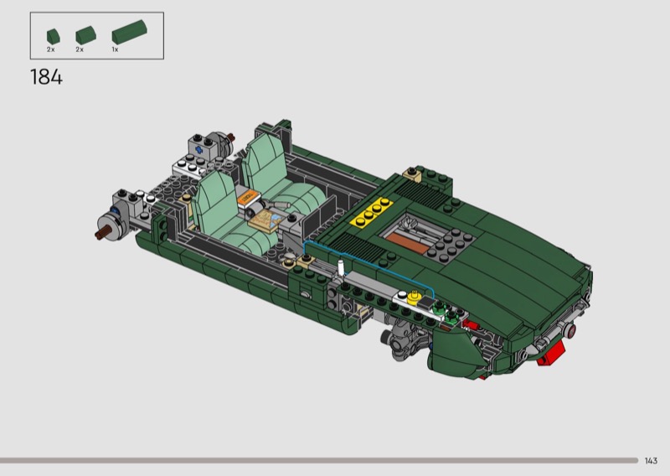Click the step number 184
tap(46, 77)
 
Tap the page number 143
tap(651, 461)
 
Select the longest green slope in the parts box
tap(129, 32)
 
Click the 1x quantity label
tap(115, 49)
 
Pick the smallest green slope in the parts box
tap(54, 36)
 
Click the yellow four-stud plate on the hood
tap(371, 211)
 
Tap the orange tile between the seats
tap(247, 198)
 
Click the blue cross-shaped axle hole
tap(198, 150)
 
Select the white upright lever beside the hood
tap(341, 266)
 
